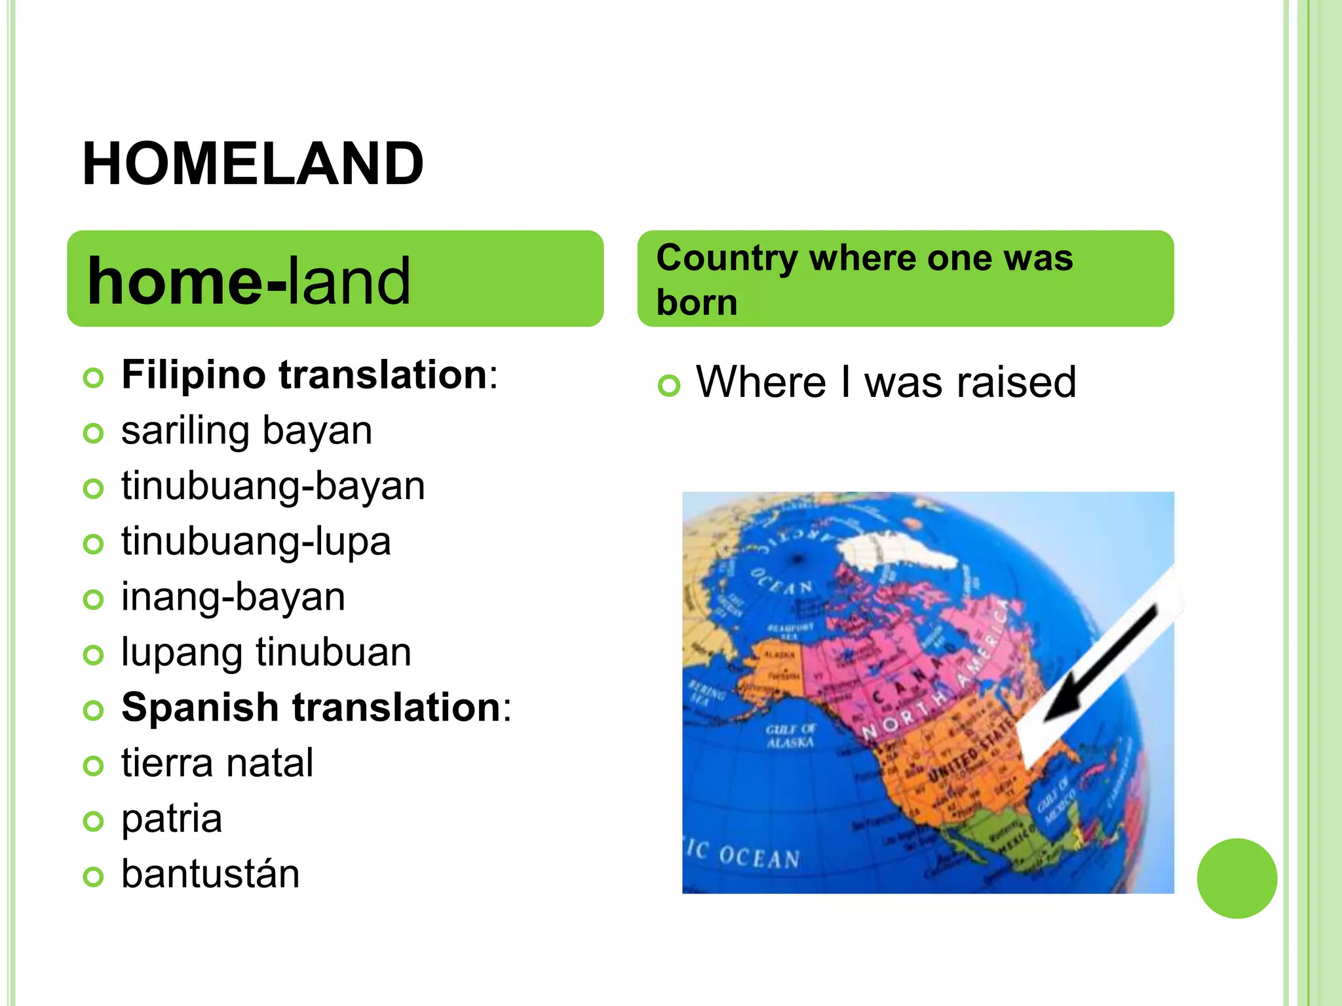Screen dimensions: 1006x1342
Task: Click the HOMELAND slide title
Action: click(253, 164)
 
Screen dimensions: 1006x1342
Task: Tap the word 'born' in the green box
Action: click(697, 303)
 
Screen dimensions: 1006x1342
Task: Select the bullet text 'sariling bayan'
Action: click(246, 431)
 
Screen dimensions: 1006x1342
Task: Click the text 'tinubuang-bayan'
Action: click(273, 486)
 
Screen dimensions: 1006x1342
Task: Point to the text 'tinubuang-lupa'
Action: click(256, 542)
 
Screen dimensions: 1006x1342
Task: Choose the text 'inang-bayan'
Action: click(233, 597)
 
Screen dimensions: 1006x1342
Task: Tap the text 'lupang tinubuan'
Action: click(266, 652)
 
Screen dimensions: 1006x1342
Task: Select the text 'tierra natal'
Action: click(217, 763)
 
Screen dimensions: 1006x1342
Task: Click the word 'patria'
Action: click(172, 819)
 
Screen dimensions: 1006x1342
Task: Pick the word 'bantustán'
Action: click(210, 874)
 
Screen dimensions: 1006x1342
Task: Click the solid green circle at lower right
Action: click(1237, 878)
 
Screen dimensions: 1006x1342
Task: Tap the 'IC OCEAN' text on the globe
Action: click(744, 854)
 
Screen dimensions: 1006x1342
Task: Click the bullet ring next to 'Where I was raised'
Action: click(669, 385)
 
